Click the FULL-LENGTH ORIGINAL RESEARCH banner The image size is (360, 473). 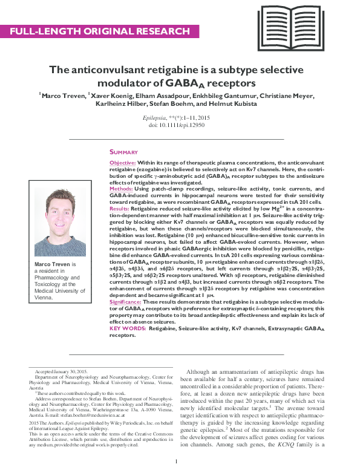click(x=99, y=31)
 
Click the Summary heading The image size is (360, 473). click(x=123, y=152)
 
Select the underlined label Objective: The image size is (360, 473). click(x=123, y=164)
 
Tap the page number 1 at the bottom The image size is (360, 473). click(x=175, y=463)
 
